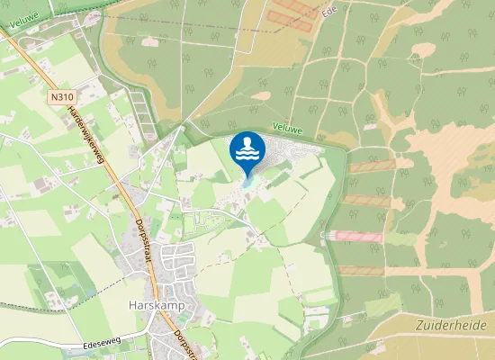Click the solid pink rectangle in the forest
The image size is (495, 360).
pyautogui.click(x=355, y=236)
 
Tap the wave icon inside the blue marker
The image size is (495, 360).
pyautogui.click(x=247, y=148)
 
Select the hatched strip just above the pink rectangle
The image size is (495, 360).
pyautogui.click(x=367, y=201)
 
